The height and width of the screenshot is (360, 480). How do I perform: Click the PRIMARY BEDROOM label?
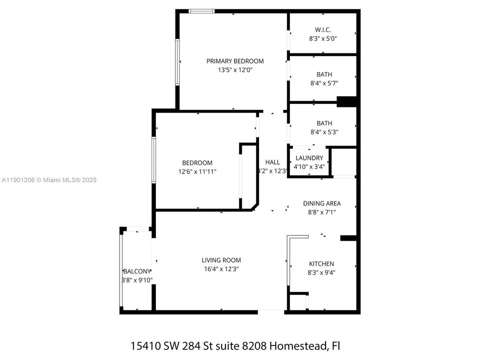tap(235, 61)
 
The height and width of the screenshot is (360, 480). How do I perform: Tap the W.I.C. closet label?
tap(323, 29)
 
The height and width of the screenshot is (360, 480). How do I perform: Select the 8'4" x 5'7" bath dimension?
tap(324, 83)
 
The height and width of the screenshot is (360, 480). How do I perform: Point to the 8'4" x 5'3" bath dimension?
tap(324, 132)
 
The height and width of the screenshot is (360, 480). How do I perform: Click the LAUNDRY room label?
tap(309, 158)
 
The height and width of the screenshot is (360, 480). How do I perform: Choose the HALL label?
tap(272, 162)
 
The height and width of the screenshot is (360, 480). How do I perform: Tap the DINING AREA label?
tap(321, 203)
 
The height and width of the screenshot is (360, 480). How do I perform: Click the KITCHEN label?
tap(321, 264)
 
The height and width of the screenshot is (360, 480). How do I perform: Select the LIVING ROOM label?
tap(221, 260)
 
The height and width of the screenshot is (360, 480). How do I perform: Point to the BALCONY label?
tap(137, 271)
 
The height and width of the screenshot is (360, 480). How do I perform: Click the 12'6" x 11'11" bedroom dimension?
tap(197, 171)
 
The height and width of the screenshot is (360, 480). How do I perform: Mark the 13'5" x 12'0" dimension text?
tap(235, 70)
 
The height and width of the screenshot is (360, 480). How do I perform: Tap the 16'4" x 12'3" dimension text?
tap(221, 269)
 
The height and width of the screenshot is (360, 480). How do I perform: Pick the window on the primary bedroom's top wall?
tap(201, 11)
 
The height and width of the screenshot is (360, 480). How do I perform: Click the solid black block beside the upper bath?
tap(347, 101)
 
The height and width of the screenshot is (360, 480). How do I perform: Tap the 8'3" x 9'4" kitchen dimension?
tap(321, 272)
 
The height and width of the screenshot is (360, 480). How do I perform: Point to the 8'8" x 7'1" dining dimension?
tap(321, 212)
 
